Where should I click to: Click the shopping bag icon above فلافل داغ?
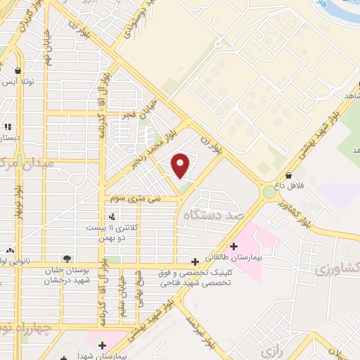click(x=288, y=175)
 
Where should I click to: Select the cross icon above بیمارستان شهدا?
click(x=102, y=345)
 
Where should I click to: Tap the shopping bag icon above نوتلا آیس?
click(x=18, y=70)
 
